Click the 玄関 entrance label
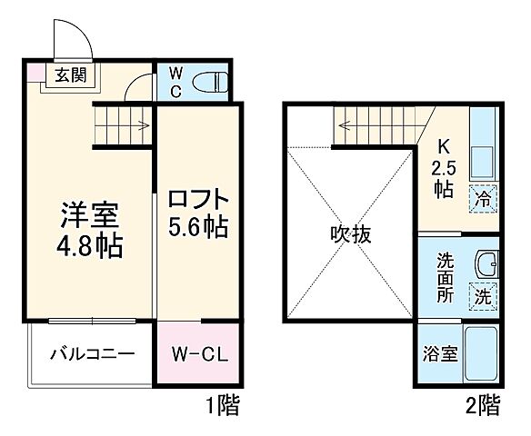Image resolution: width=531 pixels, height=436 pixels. pos(69,75)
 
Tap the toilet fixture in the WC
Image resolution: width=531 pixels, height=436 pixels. pos(213,82)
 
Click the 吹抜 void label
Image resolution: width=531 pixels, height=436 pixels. pos(350,234)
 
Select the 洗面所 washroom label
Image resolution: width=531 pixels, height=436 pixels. pos(443,275)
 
